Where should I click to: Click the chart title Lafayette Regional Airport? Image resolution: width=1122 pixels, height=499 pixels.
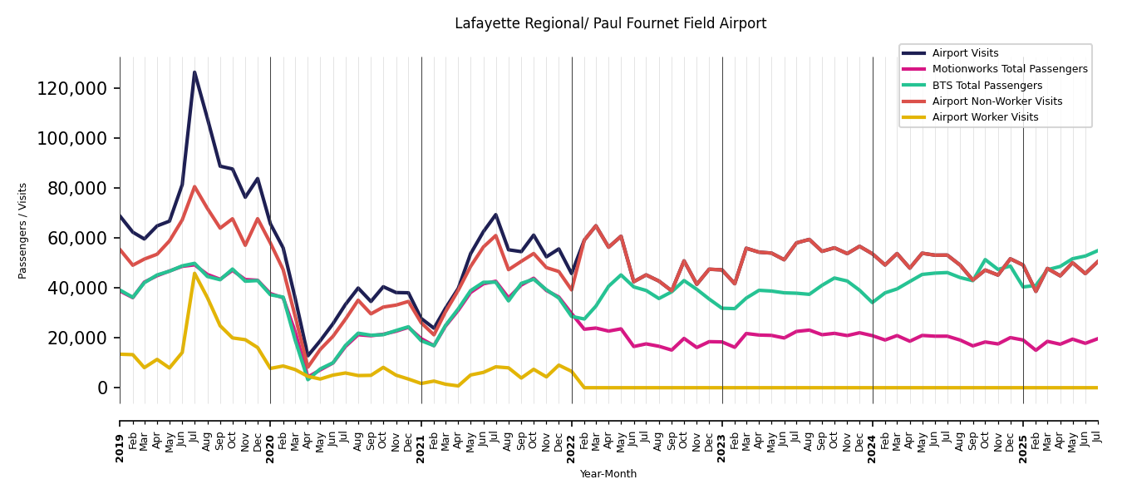610,24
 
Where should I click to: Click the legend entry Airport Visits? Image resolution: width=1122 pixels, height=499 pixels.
965,53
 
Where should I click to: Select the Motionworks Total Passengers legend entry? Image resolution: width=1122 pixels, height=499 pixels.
1009,69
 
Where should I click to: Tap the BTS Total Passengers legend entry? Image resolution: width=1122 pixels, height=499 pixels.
987,86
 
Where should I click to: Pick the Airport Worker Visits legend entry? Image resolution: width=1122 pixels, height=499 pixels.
985,117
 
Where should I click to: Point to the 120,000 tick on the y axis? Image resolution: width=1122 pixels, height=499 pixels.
72,89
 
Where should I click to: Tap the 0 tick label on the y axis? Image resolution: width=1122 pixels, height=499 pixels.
103,388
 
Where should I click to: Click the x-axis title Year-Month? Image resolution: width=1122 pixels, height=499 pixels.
608,474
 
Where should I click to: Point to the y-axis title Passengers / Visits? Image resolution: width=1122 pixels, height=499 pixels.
23,230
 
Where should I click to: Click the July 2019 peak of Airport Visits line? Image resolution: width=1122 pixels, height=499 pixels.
194,72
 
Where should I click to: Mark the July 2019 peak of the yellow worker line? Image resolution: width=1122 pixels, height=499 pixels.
194,274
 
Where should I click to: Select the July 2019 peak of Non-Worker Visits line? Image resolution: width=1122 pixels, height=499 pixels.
194,186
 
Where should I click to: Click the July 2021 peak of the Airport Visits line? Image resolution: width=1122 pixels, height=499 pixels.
495,215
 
